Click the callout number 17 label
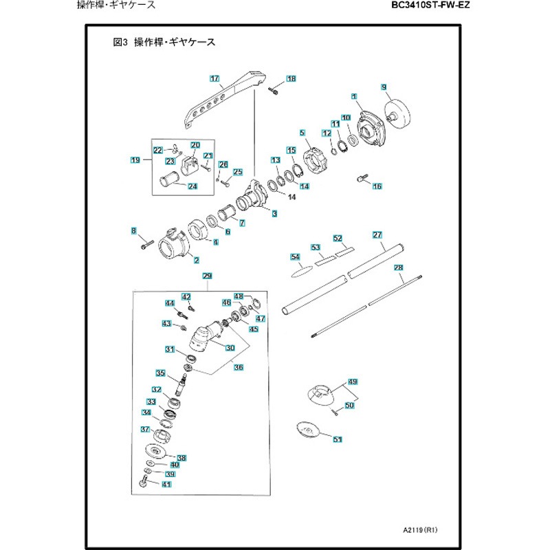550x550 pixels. (214, 79)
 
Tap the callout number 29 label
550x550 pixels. (206, 276)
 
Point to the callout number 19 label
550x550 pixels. (135, 160)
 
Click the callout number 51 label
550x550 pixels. (337, 439)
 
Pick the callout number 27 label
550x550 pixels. (377, 235)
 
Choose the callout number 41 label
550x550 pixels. (166, 484)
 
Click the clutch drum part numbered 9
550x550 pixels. (399, 113)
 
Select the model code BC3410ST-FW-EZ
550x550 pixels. (433, 5)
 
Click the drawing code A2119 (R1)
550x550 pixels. (421, 531)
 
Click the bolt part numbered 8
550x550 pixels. (145, 243)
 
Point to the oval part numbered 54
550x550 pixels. (297, 271)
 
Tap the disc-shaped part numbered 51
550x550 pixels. (307, 430)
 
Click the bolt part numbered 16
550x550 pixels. (360, 180)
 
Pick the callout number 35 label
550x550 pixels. (160, 373)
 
